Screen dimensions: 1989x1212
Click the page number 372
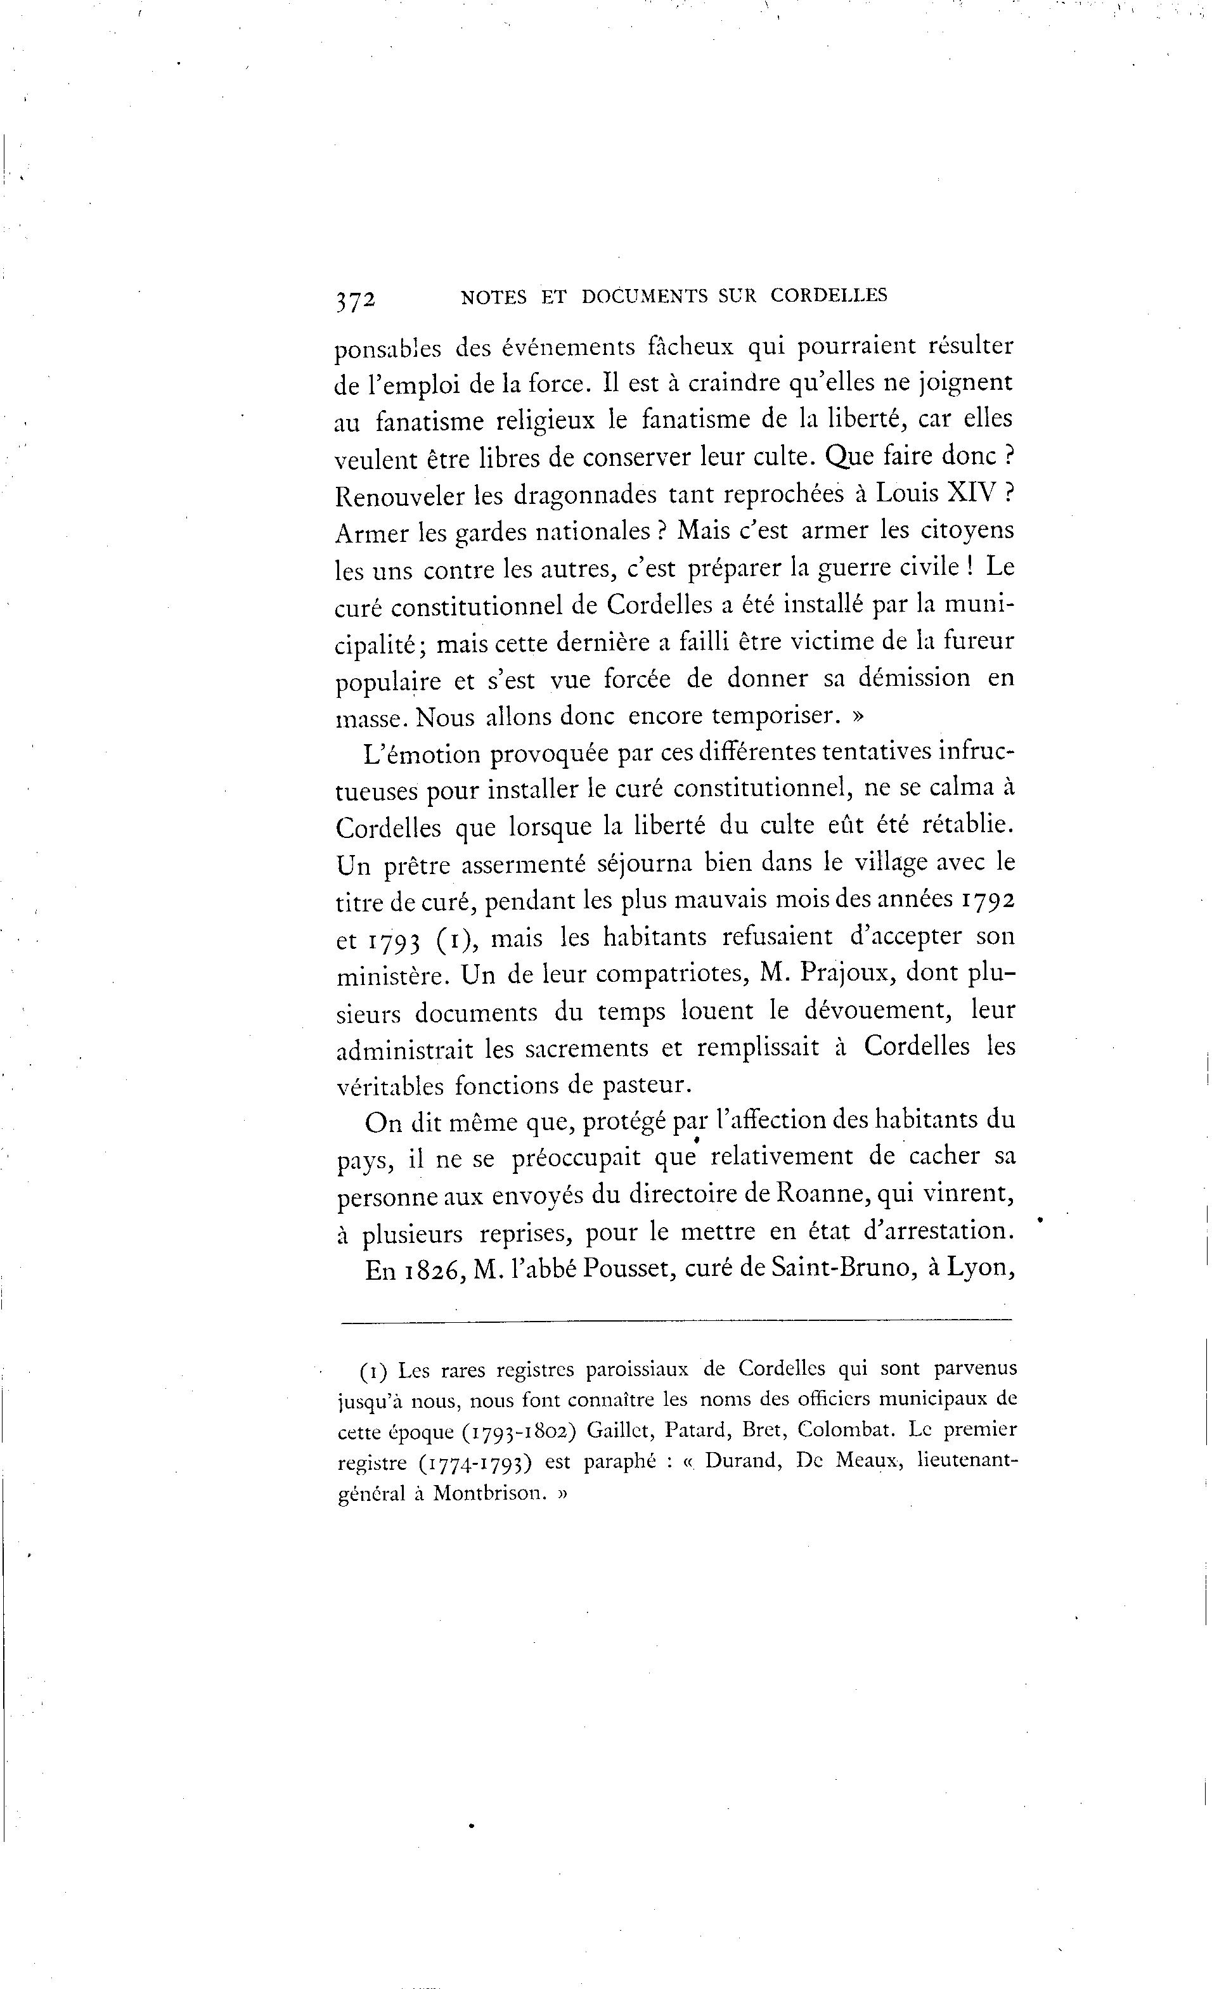[355, 299]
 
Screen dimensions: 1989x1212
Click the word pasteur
[647, 1085]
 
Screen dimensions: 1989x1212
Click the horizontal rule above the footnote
[675, 1321]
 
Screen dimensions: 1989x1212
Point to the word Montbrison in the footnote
[486, 1493]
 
